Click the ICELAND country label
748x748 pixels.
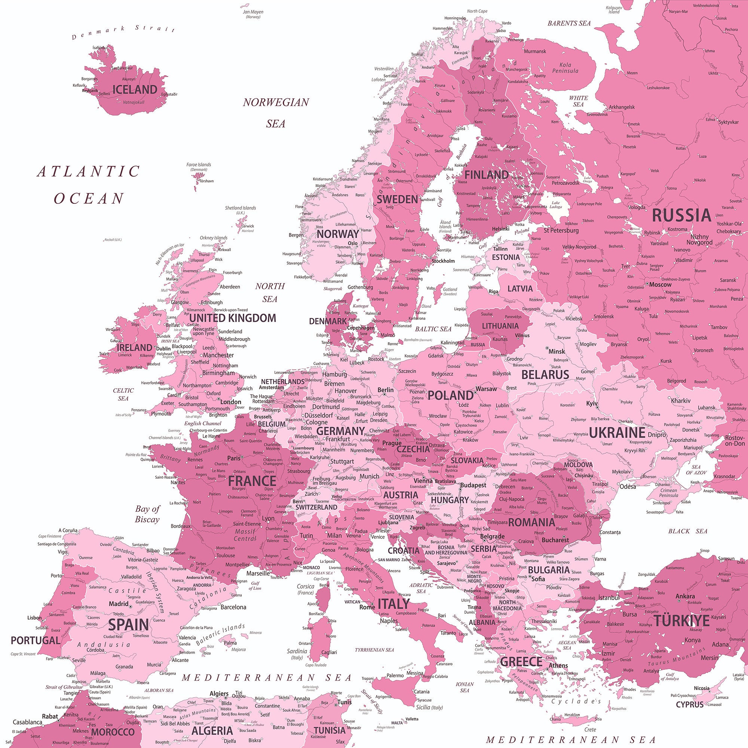[135, 90]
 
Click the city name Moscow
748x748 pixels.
[660, 285]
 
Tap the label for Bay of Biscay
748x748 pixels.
[147, 514]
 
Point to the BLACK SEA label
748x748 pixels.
[688, 531]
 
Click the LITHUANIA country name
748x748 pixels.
[500, 326]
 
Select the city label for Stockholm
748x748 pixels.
[443, 261]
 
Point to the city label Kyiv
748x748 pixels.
[592, 404]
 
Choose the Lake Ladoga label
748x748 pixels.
[556, 205]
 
